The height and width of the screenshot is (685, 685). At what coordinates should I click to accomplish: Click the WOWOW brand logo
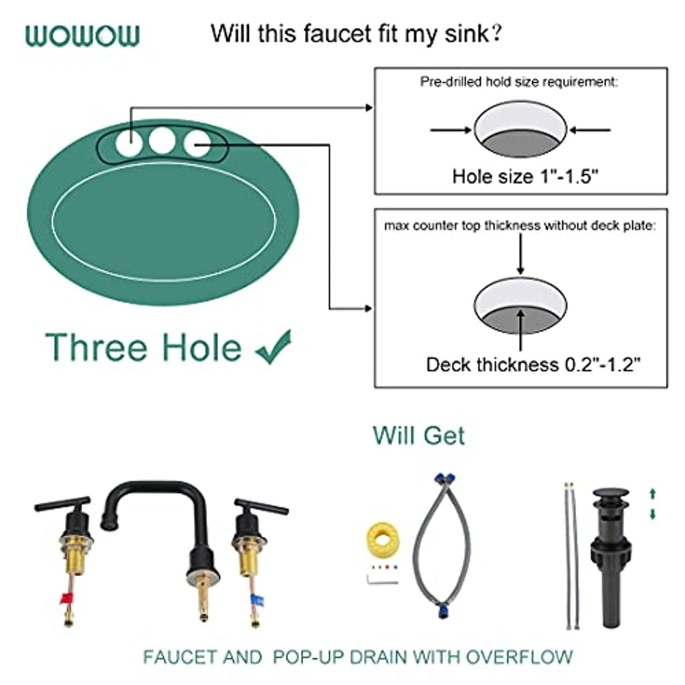point(82,35)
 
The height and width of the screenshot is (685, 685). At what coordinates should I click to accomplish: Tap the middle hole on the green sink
point(162,140)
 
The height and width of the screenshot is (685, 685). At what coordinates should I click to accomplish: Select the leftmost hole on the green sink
point(129,143)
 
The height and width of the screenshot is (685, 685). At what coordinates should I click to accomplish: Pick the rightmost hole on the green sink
point(197,144)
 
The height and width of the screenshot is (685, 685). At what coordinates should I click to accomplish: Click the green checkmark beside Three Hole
point(274,347)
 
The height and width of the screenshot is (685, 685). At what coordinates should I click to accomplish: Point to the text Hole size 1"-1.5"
point(524,177)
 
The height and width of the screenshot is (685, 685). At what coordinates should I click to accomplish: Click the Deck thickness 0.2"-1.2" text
point(533,365)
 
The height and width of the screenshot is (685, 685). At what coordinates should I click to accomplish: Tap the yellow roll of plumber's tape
point(383,540)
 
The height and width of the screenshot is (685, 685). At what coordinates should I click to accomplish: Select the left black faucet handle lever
point(62,504)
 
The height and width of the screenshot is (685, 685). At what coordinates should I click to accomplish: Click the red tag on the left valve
point(66,597)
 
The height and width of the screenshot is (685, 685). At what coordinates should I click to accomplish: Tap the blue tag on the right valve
point(258,601)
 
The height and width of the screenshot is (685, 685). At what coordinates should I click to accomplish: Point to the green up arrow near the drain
point(653,494)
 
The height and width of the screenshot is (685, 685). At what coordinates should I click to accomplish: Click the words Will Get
point(419,435)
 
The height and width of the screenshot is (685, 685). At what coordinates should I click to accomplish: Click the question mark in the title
point(496,33)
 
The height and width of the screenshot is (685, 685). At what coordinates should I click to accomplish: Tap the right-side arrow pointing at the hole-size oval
point(590,130)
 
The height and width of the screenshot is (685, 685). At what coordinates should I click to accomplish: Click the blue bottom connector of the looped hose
point(444,610)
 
